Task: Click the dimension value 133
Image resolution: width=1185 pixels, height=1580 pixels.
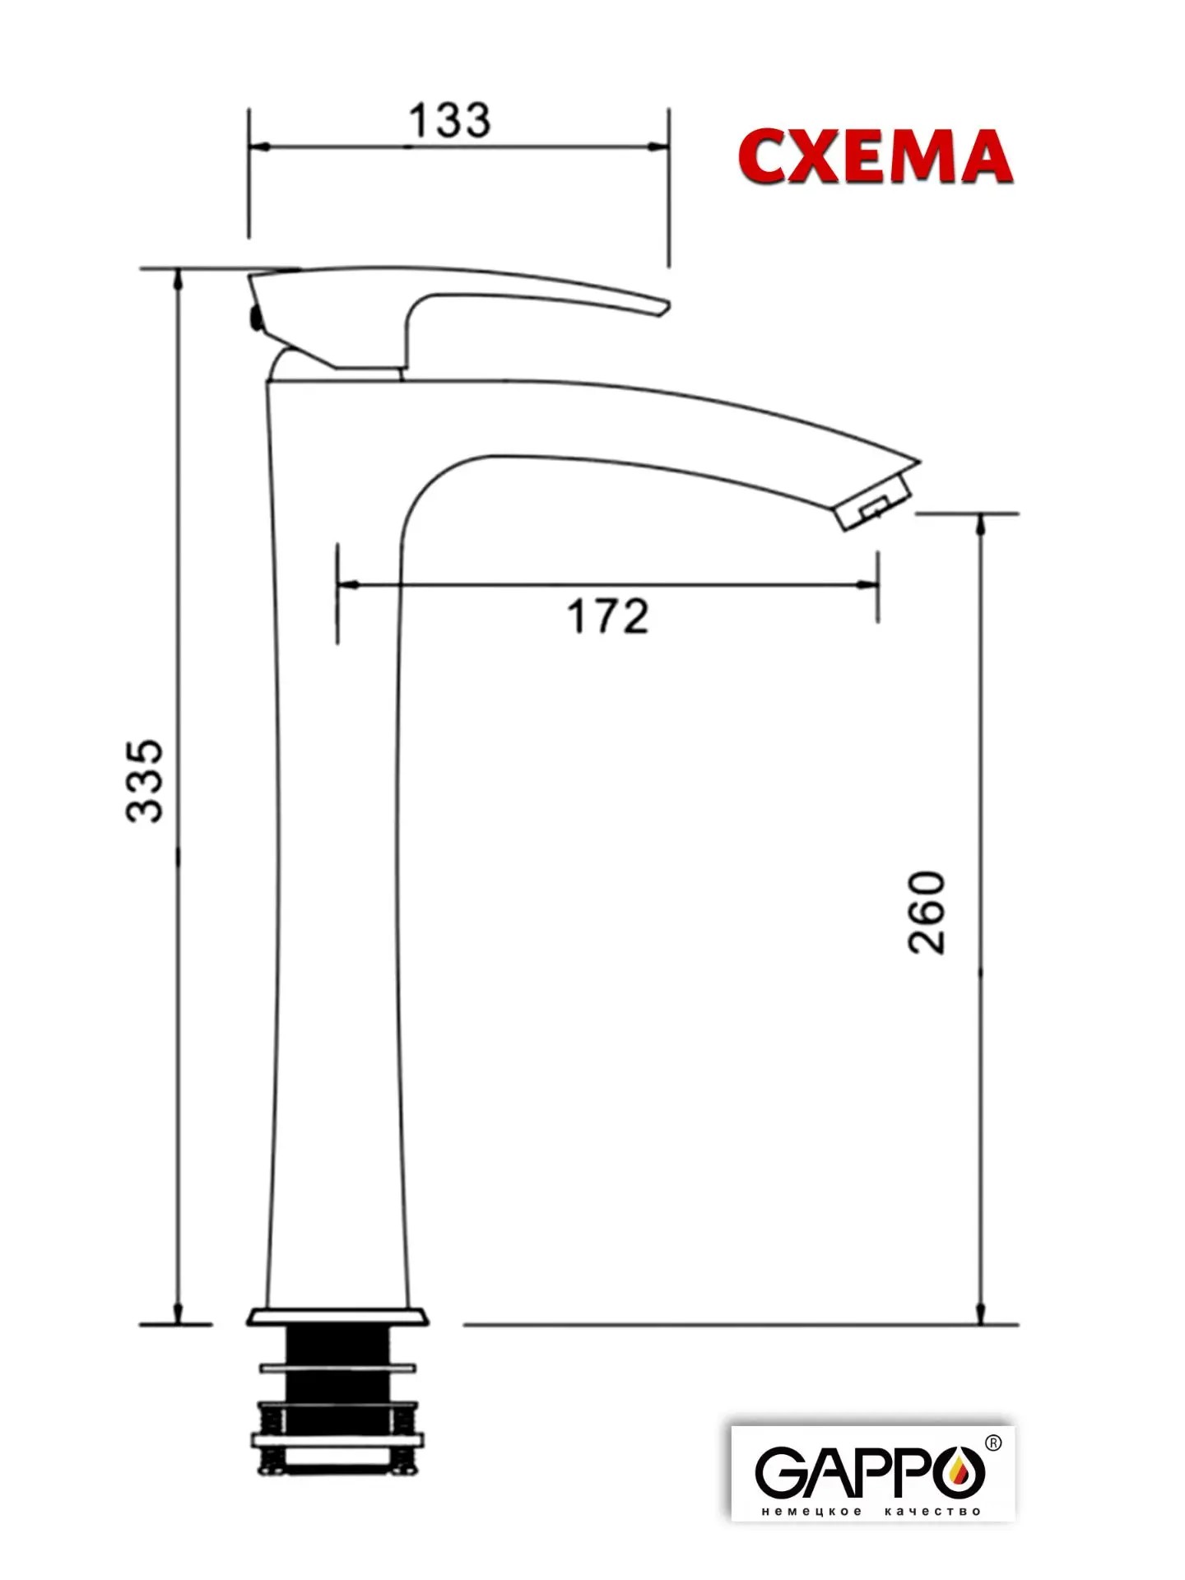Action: tap(449, 120)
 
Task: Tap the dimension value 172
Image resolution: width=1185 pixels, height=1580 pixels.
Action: tap(608, 616)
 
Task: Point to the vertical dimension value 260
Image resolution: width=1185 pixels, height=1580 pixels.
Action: tap(927, 912)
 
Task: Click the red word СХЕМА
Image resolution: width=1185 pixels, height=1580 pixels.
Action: tap(875, 156)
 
